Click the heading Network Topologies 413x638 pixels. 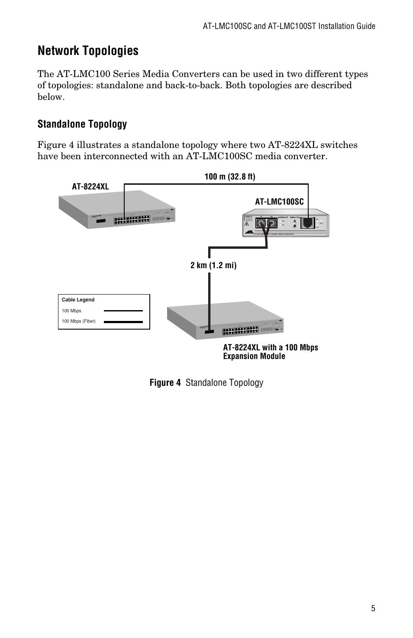point(88,51)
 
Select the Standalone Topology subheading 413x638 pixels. point(82,124)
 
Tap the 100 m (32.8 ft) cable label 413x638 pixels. point(229,176)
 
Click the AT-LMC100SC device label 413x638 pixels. point(279,202)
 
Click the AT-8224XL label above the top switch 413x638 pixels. point(90,186)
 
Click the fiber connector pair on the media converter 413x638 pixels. point(265,224)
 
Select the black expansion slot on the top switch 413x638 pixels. point(101,221)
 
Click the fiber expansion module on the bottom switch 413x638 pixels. point(210,332)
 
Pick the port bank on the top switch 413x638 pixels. point(132,220)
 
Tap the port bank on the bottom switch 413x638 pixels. point(240,331)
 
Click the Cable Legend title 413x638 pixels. point(78,300)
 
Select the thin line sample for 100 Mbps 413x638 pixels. point(123,311)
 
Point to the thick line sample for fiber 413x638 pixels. point(123,322)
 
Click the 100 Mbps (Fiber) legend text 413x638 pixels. point(78,321)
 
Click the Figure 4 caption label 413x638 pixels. point(165,383)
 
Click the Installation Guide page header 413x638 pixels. point(289,26)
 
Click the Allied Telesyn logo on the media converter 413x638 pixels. point(249,233)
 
